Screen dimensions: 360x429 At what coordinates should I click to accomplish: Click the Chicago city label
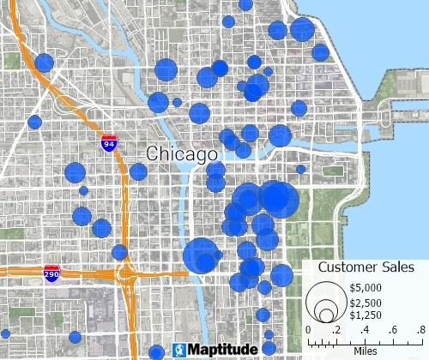point(182,154)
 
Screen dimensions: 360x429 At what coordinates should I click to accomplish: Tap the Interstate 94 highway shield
point(109,143)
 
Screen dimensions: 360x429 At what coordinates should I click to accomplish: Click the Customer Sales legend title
point(366,267)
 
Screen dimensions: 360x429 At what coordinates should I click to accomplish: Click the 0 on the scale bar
point(308,330)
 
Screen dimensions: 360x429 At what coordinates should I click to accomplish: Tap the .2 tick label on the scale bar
point(335,330)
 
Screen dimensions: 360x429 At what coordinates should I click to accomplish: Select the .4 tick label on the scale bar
point(364,330)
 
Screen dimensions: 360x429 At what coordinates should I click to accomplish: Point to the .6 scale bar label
point(392,330)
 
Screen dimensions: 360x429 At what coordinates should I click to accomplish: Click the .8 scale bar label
point(420,330)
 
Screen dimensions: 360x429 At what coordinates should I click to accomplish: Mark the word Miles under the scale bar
point(366,351)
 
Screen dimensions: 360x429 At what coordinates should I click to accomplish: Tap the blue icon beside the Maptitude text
point(178,350)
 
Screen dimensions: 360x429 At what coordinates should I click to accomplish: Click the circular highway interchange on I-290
point(126,275)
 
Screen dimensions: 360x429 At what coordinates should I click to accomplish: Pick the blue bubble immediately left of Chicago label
point(138,171)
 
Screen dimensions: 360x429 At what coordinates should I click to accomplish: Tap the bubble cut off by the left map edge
point(3,333)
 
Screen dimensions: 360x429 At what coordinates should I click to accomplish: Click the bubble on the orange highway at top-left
point(45,62)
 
